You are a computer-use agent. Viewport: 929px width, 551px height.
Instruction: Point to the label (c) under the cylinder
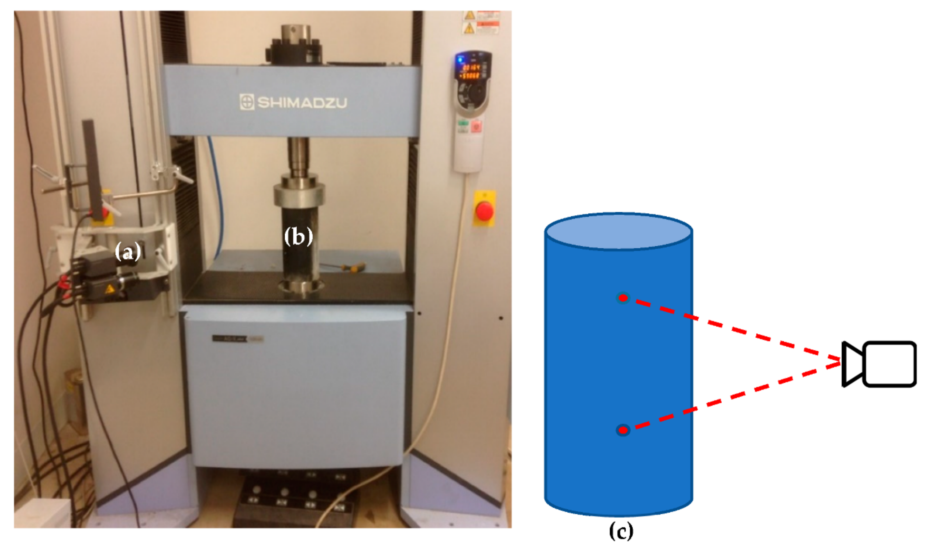(x=621, y=531)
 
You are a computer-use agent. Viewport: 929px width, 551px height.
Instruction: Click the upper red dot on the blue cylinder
(x=623, y=298)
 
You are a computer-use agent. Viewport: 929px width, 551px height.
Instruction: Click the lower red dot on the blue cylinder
(x=623, y=430)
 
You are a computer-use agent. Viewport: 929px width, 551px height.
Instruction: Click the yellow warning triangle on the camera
(x=109, y=289)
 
